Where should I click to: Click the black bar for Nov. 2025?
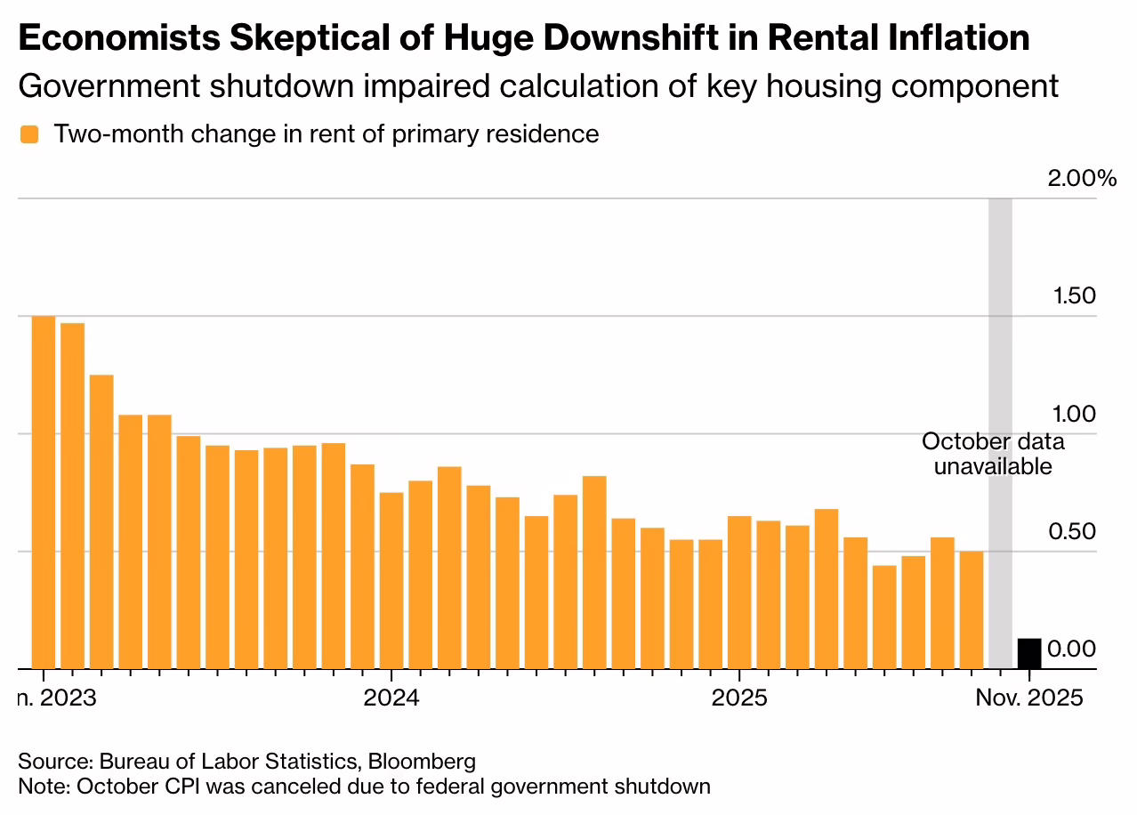coord(1029,653)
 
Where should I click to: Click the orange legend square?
coord(30,134)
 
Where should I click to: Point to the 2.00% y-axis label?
coord(1081,179)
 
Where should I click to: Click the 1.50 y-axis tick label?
coord(1070,296)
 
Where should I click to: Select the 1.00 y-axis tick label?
coord(1070,415)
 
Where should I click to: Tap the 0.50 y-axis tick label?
coord(1070,532)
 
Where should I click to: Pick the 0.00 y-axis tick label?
coord(1070,650)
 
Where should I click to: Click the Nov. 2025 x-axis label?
coord(1029,697)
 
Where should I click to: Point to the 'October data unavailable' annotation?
coord(992,454)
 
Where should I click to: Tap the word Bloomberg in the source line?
coord(422,762)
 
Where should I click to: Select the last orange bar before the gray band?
coord(972,609)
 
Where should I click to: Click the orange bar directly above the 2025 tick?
coord(739,592)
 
